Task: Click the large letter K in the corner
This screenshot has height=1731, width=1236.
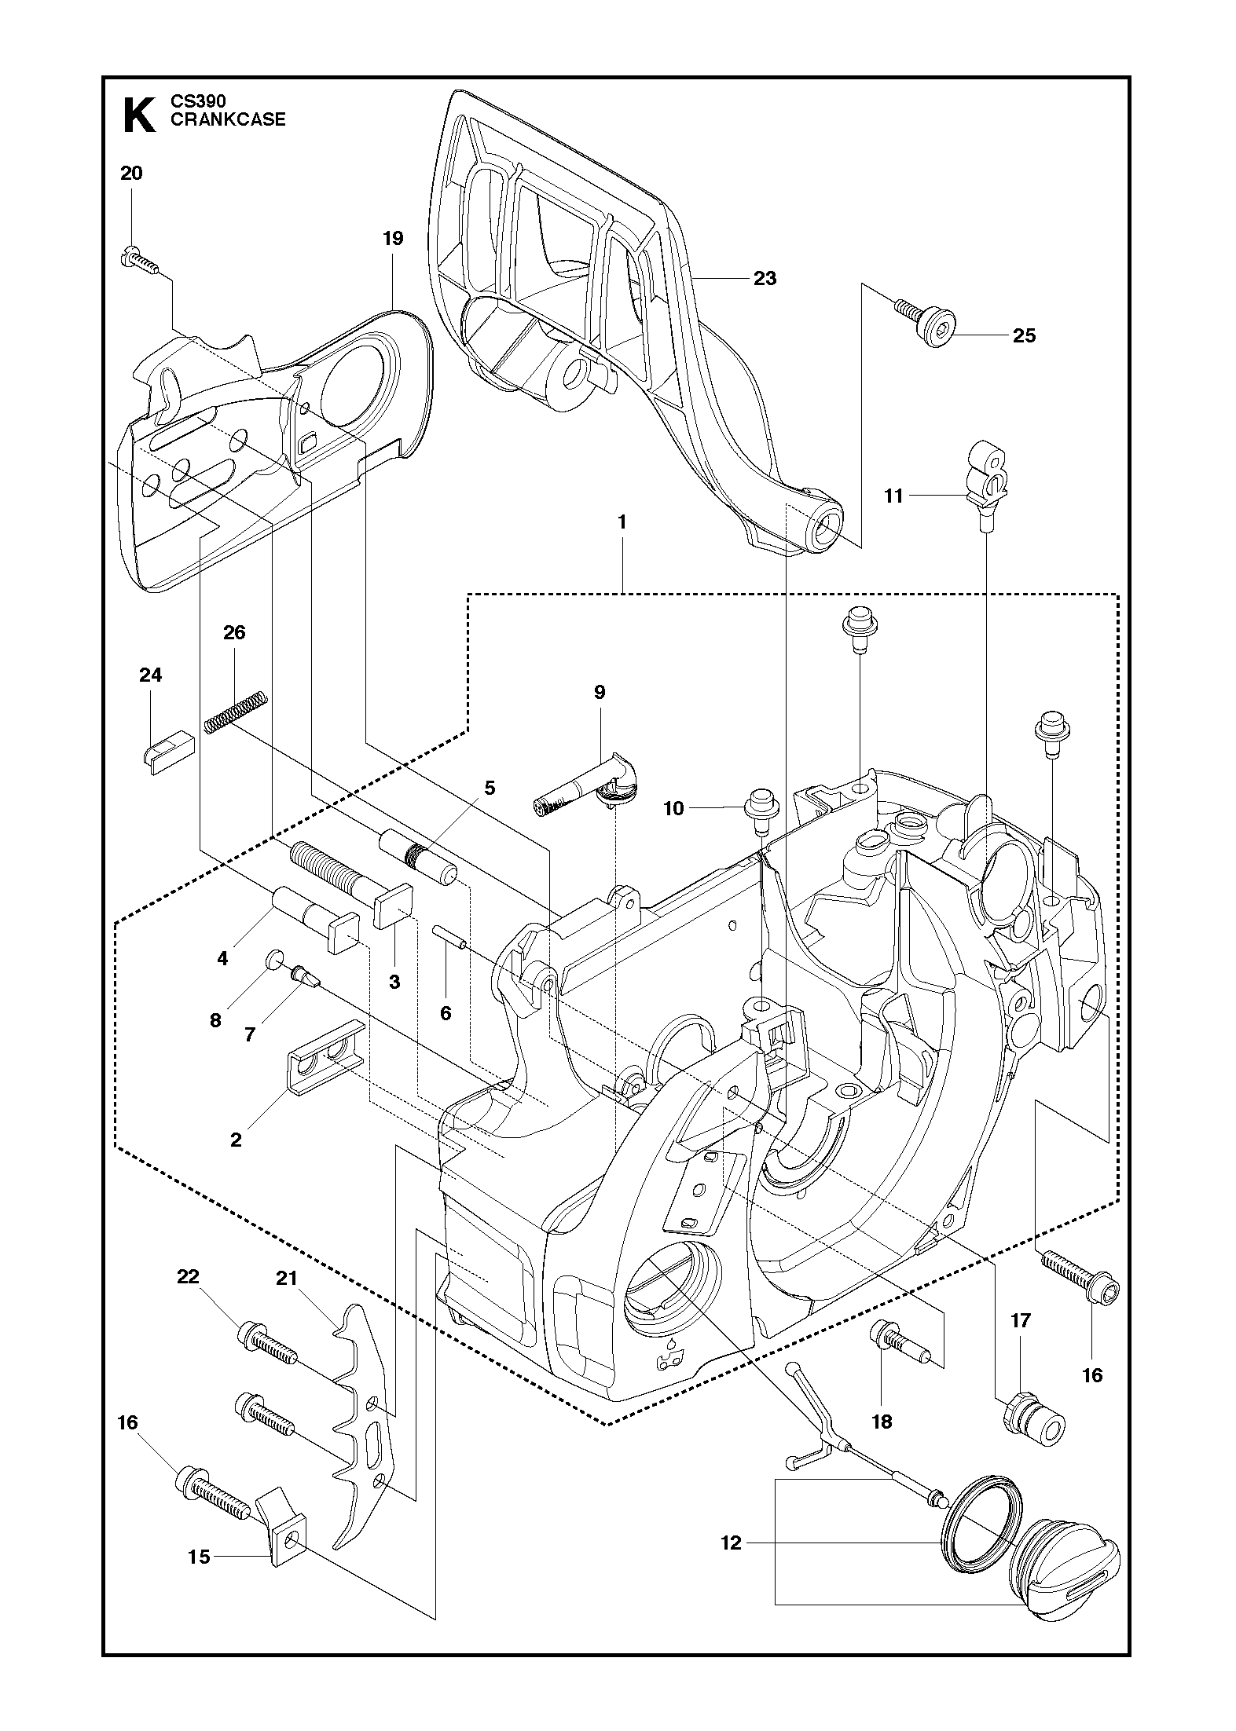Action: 139,115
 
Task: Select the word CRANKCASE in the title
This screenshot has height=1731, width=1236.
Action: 228,120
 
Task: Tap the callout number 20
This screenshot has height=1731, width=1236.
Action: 131,174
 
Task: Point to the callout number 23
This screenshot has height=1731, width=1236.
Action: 765,278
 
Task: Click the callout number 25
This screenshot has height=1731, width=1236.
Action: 1024,335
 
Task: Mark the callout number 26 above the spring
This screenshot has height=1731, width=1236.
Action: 234,632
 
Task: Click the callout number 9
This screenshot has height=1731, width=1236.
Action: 600,692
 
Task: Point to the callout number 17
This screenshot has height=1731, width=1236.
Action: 1019,1320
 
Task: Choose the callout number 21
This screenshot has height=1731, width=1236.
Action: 287,1278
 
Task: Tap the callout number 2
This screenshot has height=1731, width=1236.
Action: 236,1140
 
